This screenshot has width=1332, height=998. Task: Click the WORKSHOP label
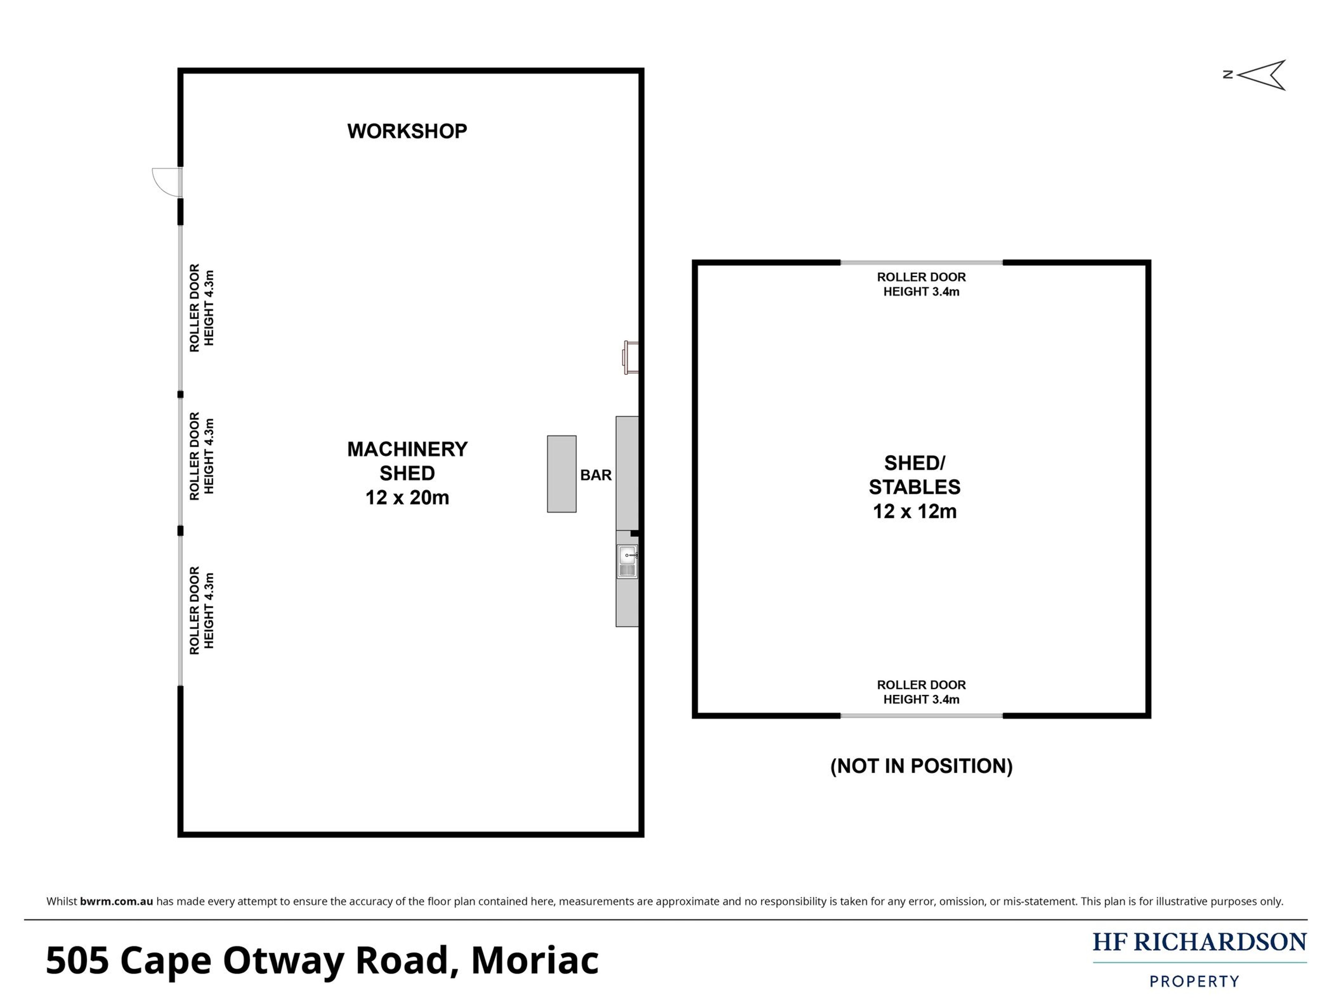[407, 131]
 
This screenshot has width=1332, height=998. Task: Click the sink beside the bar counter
[627, 562]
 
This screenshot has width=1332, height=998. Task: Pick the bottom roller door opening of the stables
[921, 716]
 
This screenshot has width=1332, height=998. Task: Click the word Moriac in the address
[535, 960]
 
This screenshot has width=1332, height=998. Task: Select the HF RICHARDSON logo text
[1200, 942]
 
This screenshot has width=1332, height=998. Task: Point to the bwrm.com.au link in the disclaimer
[116, 901]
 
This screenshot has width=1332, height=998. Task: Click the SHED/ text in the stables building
[915, 463]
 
